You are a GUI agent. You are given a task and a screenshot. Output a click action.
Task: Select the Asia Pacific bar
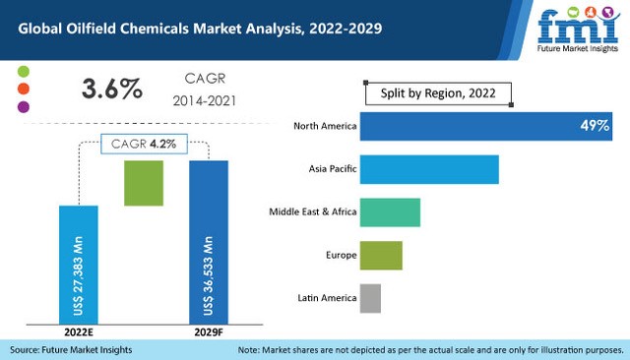(x=429, y=169)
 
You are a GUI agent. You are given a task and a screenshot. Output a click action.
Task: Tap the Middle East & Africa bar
(x=390, y=212)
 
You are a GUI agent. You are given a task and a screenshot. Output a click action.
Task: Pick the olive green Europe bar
(x=381, y=255)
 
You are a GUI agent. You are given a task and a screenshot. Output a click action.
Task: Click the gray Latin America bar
(x=370, y=297)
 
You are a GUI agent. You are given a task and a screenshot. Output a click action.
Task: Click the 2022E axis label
(x=78, y=332)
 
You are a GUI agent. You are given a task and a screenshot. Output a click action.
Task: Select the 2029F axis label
(x=209, y=332)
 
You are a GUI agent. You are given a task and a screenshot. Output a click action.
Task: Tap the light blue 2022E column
(x=79, y=264)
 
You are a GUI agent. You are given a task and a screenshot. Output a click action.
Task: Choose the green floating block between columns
(x=144, y=183)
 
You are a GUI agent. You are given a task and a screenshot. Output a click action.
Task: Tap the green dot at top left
(x=25, y=72)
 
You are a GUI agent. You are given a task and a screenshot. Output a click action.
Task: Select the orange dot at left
(x=25, y=89)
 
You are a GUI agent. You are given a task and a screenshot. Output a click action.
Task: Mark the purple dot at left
(x=25, y=106)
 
